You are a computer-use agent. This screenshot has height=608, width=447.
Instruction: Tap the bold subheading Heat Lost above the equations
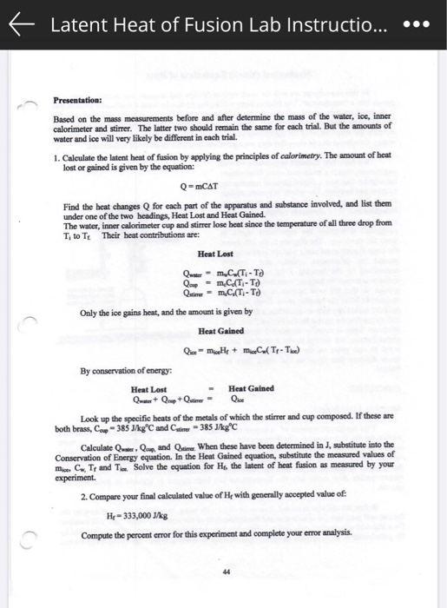215,254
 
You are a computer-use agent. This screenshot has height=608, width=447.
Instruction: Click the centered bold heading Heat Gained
221,331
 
